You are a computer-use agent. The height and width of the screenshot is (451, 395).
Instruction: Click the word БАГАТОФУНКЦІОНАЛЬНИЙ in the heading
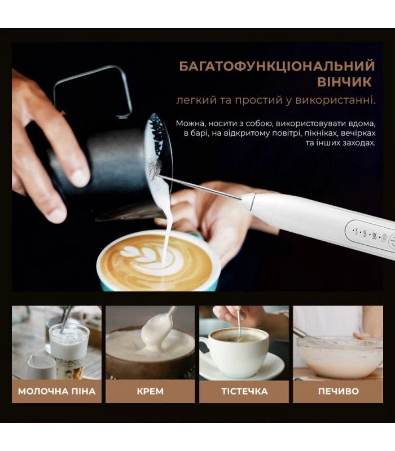277,66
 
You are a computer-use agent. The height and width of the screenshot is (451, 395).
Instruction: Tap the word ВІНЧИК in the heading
344,82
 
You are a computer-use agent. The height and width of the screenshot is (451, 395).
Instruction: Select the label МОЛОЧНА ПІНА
57,391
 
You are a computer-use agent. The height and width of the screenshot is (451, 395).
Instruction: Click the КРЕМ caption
150,391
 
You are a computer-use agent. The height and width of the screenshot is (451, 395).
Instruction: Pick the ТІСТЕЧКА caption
244,391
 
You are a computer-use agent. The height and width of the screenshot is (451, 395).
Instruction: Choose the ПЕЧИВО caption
339,391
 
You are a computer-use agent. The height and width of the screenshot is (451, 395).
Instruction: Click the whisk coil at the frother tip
154,169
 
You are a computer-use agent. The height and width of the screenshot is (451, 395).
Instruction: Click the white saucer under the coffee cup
242,367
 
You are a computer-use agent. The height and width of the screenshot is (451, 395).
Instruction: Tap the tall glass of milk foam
69,350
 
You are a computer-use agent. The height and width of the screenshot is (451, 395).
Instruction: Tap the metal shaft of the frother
201,188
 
